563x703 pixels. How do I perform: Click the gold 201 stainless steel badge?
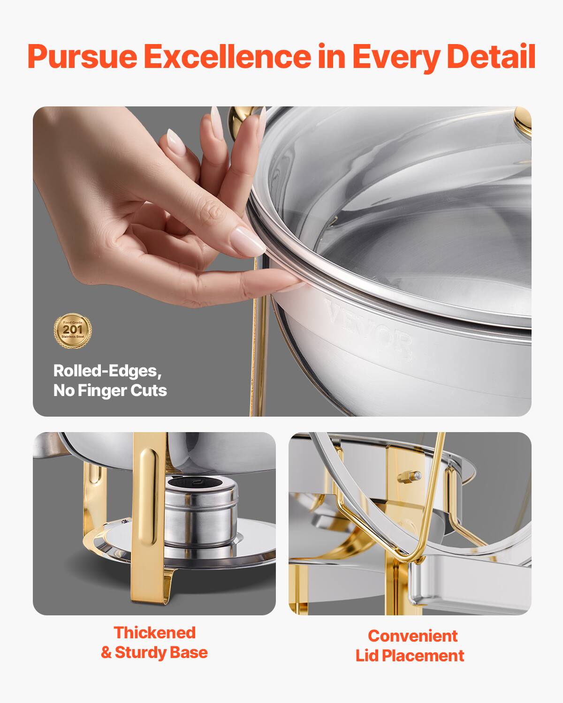click(x=73, y=331)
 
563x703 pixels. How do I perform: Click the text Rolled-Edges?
click(x=107, y=371)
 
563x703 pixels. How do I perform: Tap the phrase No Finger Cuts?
click(x=110, y=390)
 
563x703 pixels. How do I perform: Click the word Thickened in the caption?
click(x=154, y=633)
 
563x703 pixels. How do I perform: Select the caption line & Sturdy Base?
click(x=154, y=652)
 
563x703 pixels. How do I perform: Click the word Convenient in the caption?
click(x=412, y=636)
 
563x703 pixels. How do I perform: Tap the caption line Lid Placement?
click(x=410, y=656)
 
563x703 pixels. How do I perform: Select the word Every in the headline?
click(x=396, y=57)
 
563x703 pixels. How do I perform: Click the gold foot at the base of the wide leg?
click(x=150, y=591)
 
